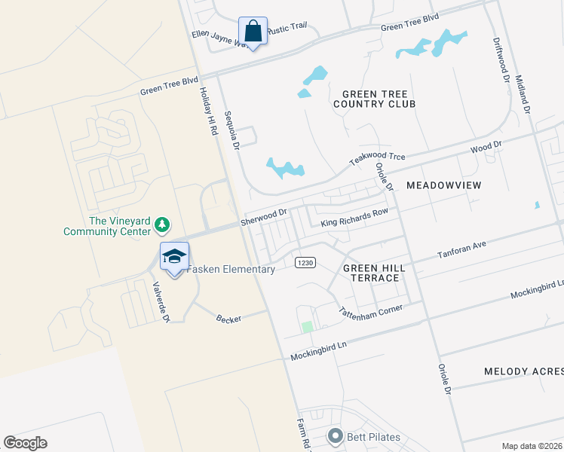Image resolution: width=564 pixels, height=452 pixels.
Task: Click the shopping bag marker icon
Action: [x=253, y=32]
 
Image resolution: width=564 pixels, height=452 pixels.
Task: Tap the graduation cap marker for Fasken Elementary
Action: [x=174, y=257]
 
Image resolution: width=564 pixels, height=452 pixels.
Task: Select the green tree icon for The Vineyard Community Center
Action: [x=161, y=224]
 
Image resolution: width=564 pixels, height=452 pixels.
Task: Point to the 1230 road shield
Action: [x=305, y=261]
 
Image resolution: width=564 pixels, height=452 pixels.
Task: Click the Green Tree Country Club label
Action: [x=374, y=98]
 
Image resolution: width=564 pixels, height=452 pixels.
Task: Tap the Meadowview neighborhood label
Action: [x=443, y=185]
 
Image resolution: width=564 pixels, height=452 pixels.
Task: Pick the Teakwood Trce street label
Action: [x=377, y=159]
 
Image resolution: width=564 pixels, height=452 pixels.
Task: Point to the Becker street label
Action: [x=228, y=319]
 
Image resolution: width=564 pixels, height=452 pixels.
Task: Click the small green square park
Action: [x=307, y=327]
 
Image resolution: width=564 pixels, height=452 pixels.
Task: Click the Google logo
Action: [x=26, y=443]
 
